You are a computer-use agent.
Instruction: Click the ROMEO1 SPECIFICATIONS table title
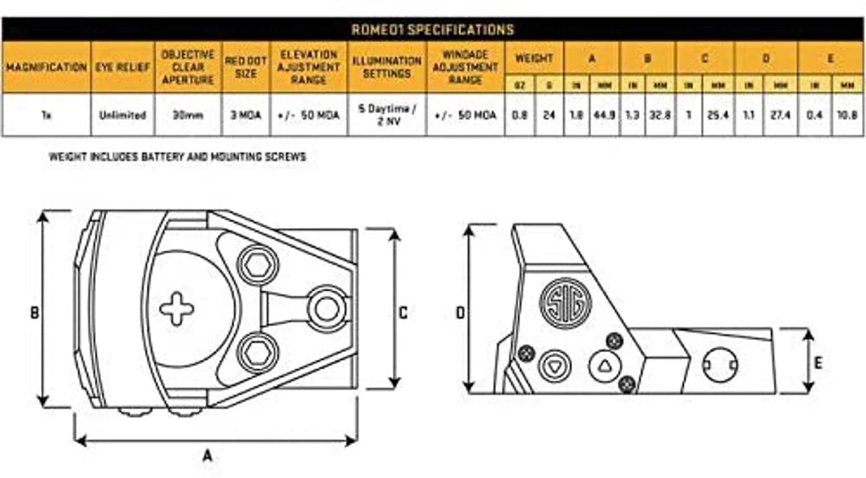point(432,30)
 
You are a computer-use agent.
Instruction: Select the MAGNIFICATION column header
point(46,67)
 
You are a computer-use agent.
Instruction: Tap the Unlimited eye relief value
point(122,115)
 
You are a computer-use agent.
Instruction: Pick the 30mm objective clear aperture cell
point(188,115)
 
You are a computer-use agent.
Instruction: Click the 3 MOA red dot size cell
point(246,115)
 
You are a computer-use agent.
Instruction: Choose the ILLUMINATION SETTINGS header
point(386,67)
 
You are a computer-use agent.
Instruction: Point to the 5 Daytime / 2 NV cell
point(386,115)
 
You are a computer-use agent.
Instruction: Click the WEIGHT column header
point(534,58)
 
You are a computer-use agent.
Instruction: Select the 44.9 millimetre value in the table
point(604,115)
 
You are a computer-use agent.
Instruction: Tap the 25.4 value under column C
point(715,115)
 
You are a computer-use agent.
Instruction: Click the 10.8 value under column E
point(846,115)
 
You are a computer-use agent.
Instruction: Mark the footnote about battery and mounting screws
point(177,157)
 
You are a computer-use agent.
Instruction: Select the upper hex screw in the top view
point(256,265)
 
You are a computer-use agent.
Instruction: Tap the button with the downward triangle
point(552,366)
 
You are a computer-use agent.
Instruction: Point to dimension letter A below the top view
point(207,456)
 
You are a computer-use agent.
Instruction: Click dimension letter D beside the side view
point(460,312)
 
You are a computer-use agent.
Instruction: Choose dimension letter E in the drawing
point(817,363)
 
